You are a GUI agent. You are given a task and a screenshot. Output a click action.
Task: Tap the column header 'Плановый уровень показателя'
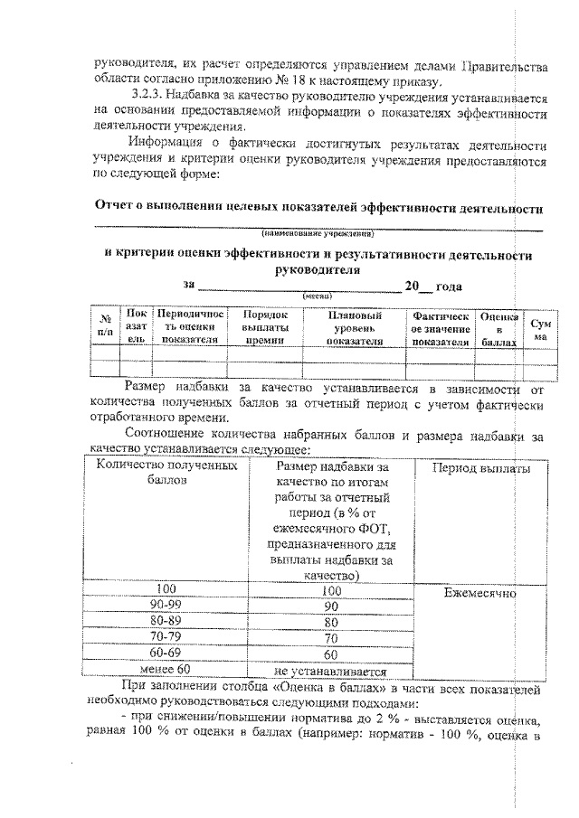[x=354, y=328]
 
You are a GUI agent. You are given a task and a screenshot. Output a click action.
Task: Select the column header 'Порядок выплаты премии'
[x=266, y=328]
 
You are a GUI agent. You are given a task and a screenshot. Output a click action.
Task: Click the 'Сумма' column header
[x=541, y=329]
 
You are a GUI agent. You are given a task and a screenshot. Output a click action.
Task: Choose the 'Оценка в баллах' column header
[x=498, y=329]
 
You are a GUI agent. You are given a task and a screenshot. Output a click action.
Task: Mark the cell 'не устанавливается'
[x=330, y=671]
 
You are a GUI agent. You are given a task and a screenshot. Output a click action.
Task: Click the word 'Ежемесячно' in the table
[x=480, y=594]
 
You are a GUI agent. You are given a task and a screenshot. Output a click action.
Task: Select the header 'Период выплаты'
[x=481, y=468]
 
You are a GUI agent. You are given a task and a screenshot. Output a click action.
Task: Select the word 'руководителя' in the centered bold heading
[x=317, y=269]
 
